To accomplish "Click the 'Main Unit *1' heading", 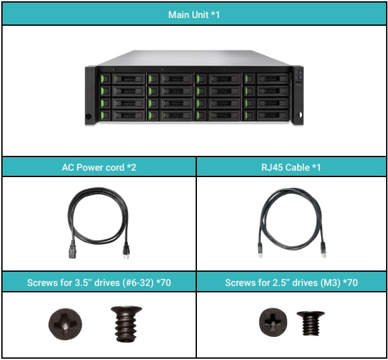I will coord(194,14).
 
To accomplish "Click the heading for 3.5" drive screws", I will coord(98,282).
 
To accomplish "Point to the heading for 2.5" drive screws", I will coord(292,282).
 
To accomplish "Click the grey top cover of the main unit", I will coord(194,59).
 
